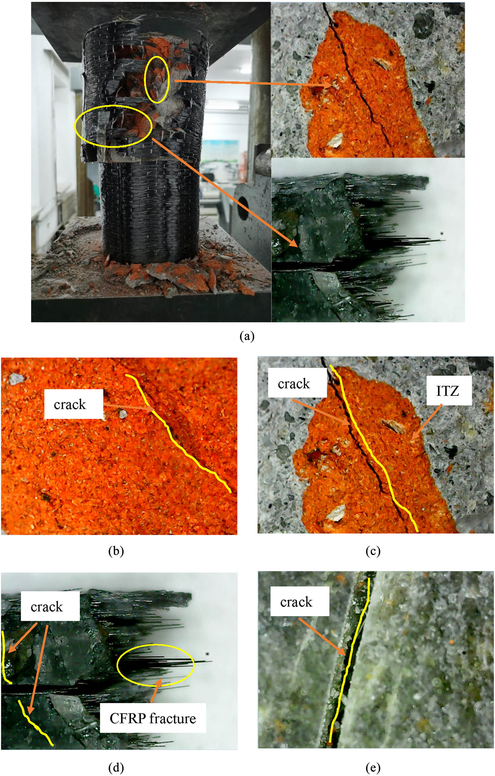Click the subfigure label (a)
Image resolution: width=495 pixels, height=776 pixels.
coord(247,336)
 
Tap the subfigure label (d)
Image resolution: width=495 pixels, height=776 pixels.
coord(116,768)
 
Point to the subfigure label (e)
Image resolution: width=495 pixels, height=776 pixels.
coord(373,768)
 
